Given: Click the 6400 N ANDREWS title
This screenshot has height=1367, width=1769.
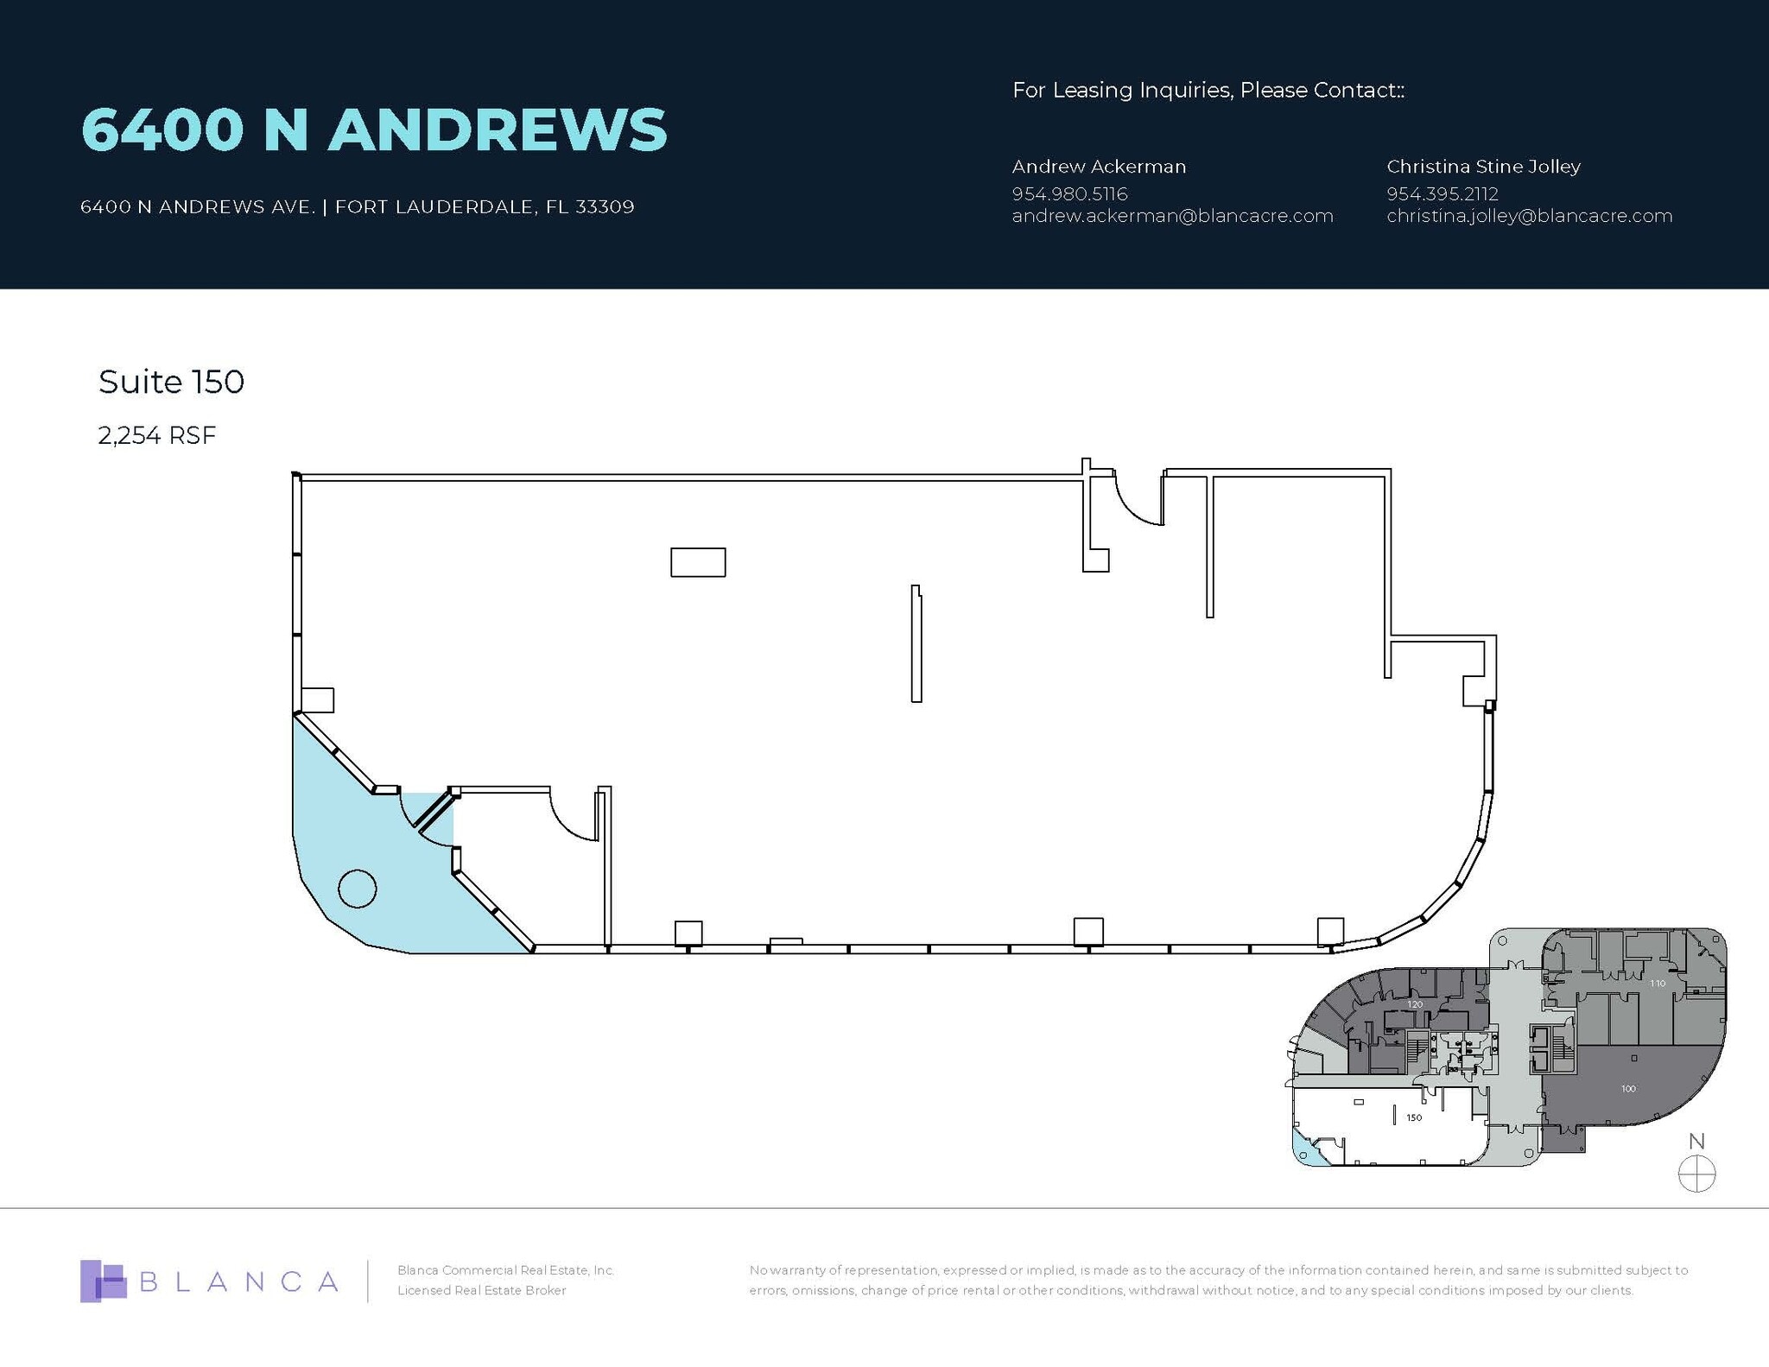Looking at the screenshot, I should tap(373, 130).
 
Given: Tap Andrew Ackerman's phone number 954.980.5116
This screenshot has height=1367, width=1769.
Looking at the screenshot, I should tap(1069, 193).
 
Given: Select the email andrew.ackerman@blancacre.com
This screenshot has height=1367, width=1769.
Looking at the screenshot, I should tap(1172, 216).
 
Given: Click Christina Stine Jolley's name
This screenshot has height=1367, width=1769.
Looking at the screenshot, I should tap(1483, 167).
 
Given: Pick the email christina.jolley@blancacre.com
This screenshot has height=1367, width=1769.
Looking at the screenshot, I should tap(1529, 216).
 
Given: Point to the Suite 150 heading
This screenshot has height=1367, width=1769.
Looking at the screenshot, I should tap(171, 382).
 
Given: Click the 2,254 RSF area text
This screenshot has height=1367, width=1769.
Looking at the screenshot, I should tap(156, 435).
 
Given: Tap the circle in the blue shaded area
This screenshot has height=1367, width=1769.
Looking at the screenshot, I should tap(357, 889).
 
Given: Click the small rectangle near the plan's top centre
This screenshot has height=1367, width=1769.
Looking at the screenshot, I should tap(698, 562).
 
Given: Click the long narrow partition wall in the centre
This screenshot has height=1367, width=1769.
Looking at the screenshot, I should tap(916, 643).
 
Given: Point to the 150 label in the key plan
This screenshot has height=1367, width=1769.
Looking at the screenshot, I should tap(1414, 1117).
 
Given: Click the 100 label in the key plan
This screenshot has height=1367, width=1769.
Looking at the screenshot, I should tap(1628, 1089).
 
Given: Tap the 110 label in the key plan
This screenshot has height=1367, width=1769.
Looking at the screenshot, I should tap(1657, 984).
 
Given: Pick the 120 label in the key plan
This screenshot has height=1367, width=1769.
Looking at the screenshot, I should tap(1414, 1004).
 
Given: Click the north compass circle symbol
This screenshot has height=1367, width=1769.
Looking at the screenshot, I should tap(1696, 1174).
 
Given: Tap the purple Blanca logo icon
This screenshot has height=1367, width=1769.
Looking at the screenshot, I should tap(103, 1282).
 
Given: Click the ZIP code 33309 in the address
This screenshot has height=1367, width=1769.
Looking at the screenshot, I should tap(605, 207).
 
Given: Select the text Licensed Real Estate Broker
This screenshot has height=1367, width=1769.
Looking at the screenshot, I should tap(481, 1290).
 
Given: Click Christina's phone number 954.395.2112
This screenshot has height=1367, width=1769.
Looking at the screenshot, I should tap(1442, 193).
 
